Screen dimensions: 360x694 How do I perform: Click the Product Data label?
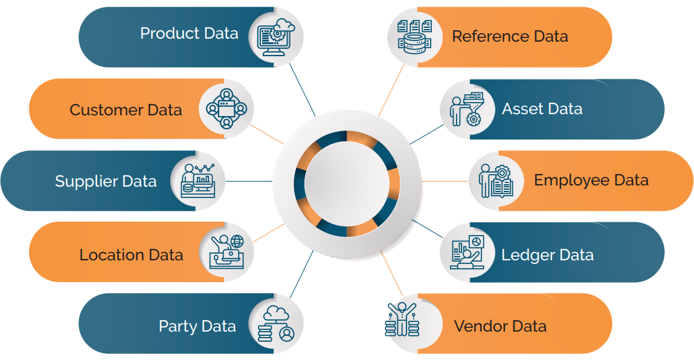coord(189,33)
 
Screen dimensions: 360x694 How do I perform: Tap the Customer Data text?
coord(126,110)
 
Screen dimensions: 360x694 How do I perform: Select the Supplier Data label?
coord(106,181)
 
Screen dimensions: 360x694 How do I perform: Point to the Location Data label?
coord(131,255)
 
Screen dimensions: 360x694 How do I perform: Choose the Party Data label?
coord(197,327)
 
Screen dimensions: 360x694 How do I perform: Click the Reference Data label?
coord(510,36)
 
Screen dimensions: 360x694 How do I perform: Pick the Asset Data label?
coord(542,109)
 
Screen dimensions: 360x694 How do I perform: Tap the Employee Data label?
coord(591,180)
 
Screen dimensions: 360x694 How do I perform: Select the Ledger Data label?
coord(547,255)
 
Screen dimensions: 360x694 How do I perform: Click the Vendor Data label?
coord(500,327)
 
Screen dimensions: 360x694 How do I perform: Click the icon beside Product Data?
coord(275,37)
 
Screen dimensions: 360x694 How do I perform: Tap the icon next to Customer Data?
coord(226,109)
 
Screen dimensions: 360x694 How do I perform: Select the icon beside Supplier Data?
coord(198,181)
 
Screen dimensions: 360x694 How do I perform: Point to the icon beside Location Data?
coord(226,252)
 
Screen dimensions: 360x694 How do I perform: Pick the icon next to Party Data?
coord(275,324)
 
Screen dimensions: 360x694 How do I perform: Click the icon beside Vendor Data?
coord(402,320)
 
